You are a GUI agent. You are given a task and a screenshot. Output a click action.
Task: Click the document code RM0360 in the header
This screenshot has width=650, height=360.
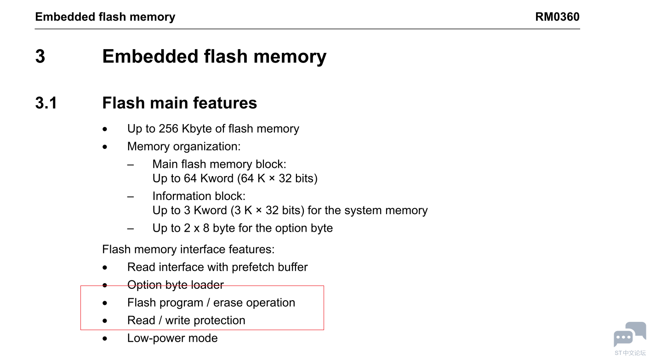click(x=557, y=17)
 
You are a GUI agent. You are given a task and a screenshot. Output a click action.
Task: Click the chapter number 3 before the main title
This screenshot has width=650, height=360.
click(x=40, y=57)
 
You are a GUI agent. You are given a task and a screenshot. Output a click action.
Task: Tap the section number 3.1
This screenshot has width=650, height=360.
click(x=46, y=103)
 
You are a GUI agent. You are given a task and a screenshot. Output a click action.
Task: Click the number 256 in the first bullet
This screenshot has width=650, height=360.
click(x=168, y=129)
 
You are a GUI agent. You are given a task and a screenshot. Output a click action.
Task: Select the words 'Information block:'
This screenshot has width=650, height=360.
click(x=199, y=196)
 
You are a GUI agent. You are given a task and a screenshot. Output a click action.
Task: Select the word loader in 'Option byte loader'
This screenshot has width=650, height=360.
click(x=208, y=285)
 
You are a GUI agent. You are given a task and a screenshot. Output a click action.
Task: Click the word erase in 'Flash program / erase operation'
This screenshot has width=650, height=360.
click(x=228, y=303)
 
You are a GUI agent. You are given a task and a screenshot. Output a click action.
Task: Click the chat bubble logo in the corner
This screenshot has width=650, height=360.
click(x=629, y=334)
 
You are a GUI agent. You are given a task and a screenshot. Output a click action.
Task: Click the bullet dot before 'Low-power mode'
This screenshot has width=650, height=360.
click(x=105, y=339)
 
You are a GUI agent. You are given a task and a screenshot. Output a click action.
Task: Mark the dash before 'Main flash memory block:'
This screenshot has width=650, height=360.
click(x=131, y=165)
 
